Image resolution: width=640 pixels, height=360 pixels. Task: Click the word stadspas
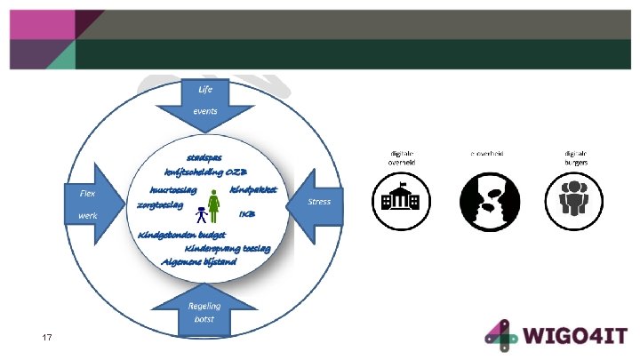pyautogui.click(x=204, y=157)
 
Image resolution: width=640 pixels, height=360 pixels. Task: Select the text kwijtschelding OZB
pyautogui.click(x=205, y=172)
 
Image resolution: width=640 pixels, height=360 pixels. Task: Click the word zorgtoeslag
pyautogui.click(x=160, y=204)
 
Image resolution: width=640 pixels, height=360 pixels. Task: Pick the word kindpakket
pyautogui.click(x=254, y=189)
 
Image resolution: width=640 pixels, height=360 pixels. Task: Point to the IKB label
pyautogui.click(x=247, y=213)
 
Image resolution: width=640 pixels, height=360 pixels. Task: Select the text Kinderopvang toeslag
pyautogui.click(x=221, y=248)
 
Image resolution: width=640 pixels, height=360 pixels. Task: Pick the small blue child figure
pyautogui.click(x=201, y=214)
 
